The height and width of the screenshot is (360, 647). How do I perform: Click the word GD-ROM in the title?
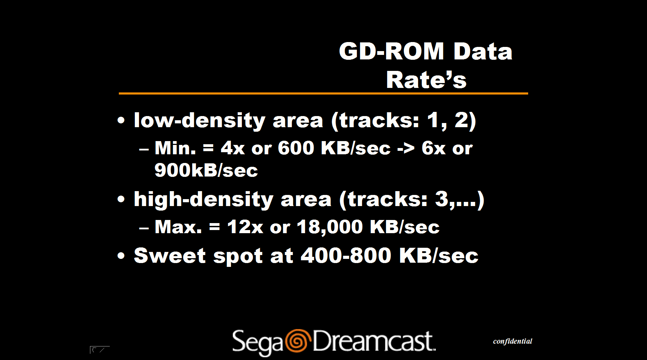pyautogui.click(x=391, y=51)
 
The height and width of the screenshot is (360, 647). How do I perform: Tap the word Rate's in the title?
pyautogui.click(x=426, y=80)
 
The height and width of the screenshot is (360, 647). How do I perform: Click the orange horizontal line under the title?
pyautogui.click(x=323, y=93)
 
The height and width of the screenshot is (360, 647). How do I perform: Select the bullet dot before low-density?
pyautogui.click(x=121, y=121)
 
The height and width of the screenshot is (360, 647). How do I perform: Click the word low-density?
pyautogui.click(x=200, y=121)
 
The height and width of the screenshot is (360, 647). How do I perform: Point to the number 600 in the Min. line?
pyautogui.click(x=296, y=148)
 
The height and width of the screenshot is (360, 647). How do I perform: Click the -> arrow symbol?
pyautogui.click(x=406, y=149)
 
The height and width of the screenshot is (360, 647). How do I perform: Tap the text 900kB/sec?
pyautogui.click(x=206, y=170)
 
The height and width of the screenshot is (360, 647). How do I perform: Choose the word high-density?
pyautogui.click(x=204, y=200)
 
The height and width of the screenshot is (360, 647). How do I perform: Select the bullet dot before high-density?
pyautogui.click(x=121, y=199)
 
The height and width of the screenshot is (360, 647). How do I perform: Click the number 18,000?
pyautogui.click(x=330, y=227)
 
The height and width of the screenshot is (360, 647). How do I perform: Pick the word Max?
pyautogui.click(x=178, y=227)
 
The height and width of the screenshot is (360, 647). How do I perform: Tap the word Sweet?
pyautogui.click(x=170, y=255)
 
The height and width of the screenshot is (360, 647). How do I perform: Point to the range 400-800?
pyautogui.click(x=346, y=255)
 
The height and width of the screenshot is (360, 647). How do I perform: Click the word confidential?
pyautogui.click(x=513, y=341)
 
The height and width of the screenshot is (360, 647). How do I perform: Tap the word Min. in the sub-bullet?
pyautogui.click(x=175, y=148)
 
